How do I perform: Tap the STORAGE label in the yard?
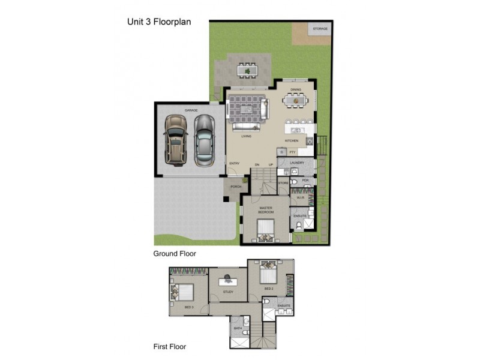coord(320,28)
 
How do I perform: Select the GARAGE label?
coord(191,110)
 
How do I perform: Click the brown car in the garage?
coord(176,139)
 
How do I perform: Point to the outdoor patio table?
coord(246,71)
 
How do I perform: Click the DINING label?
coord(295,90)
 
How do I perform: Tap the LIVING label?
coord(246,136)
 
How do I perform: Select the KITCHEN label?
coord(292,141)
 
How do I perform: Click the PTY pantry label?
coord(292,152)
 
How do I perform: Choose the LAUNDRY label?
coord(297,163)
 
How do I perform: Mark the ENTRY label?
coord(234,164)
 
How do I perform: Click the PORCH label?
coord(236,187)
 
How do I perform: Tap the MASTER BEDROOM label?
coord(266,210)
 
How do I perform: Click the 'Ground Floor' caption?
coord(175,254)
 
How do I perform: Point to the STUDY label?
coord(228,292)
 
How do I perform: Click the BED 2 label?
coord(269,289)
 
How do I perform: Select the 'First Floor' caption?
coord(170,346)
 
